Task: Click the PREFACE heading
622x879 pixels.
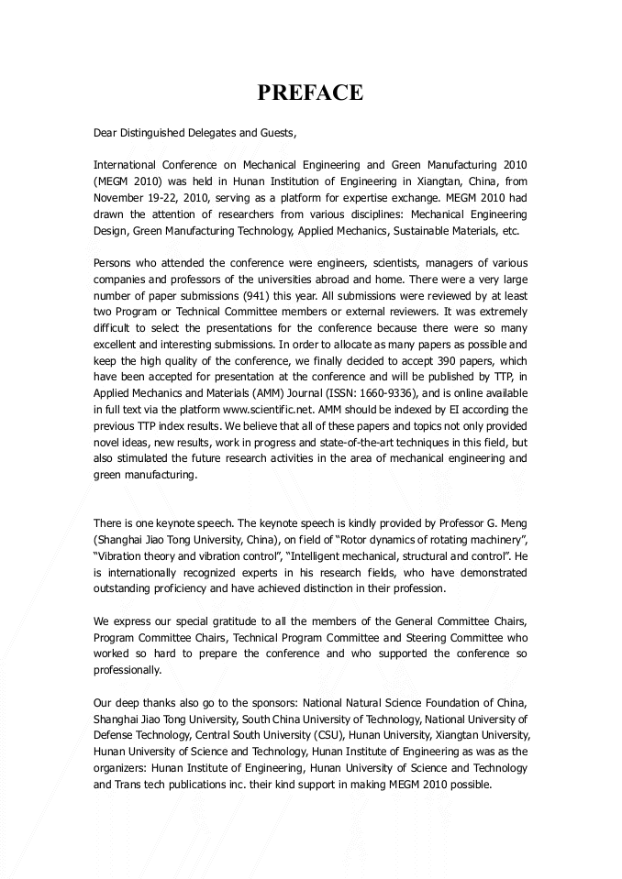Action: coord(310,93)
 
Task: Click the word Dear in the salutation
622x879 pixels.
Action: coord(106,133)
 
